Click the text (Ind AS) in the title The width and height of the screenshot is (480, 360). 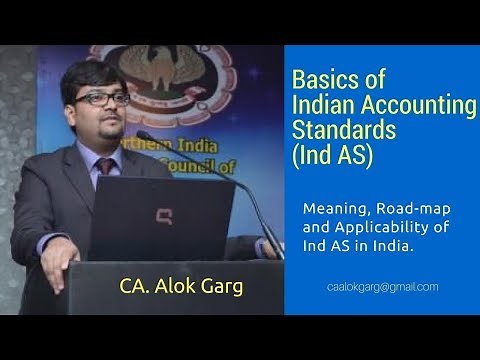[x=334, y=155]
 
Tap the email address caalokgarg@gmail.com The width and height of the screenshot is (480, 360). [x=382, y=287]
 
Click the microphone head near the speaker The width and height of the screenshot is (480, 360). [x=144, y=135]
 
